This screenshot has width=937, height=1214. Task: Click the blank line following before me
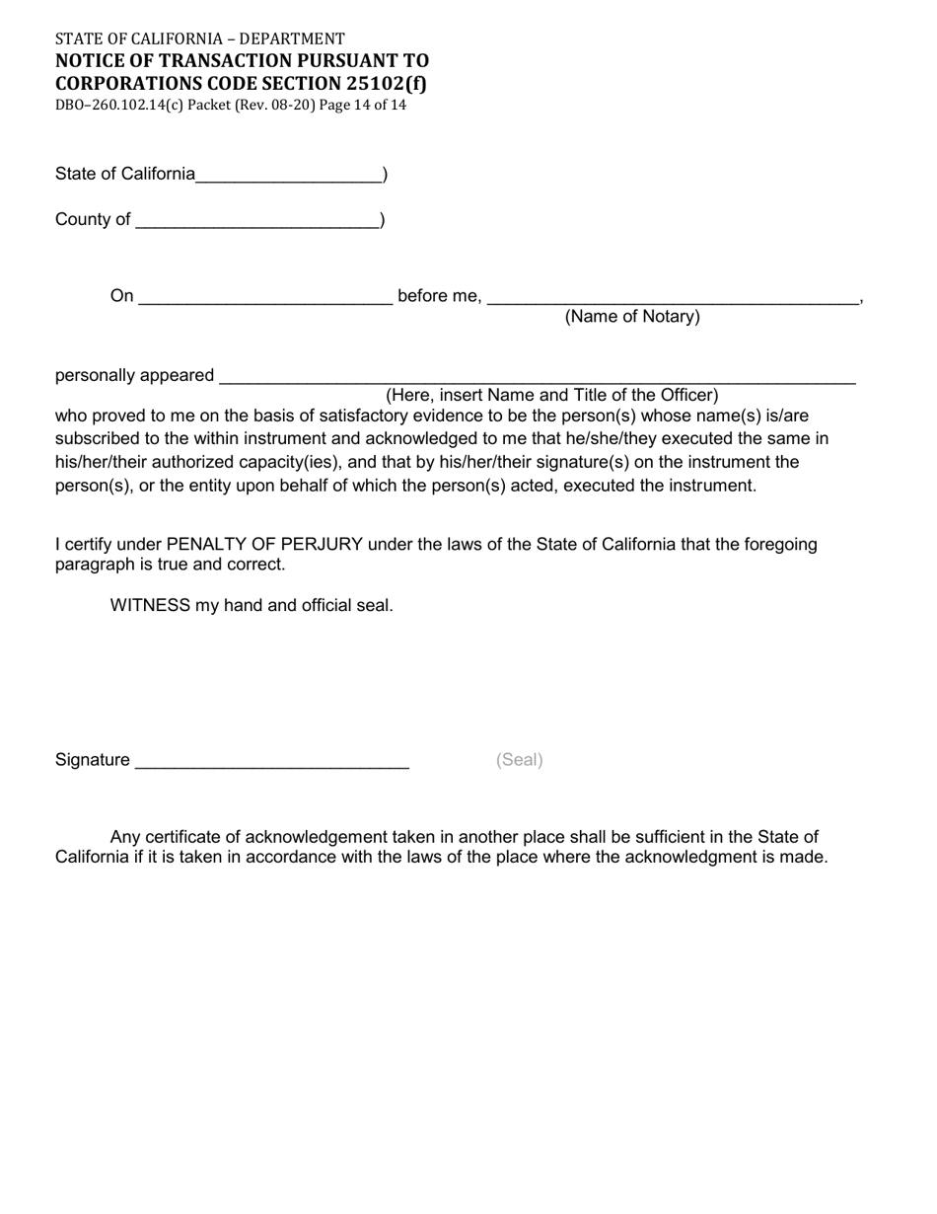(x=673, y=299)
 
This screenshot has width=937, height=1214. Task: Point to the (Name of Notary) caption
(x=632, y=317)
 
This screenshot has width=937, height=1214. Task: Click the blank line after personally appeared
(x=538, y=378)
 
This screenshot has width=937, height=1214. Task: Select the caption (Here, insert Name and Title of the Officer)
(x=551, y=396)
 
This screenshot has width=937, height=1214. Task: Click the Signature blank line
(x=271, y=762)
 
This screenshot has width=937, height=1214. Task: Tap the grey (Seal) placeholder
(x=520, y=760)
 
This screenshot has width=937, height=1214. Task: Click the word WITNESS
(x=150, y=605)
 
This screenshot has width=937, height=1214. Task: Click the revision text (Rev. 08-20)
(x=280, y=105)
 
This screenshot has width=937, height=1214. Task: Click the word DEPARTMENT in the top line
(x=292, y=39)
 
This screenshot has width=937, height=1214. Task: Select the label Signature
(x=93, y=760)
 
